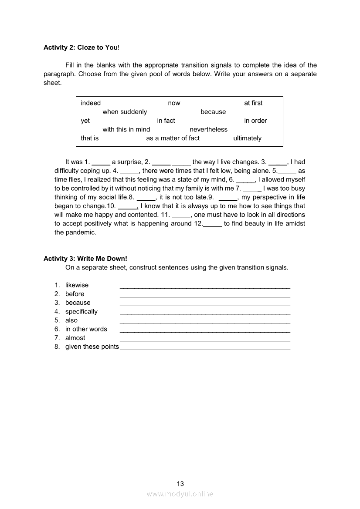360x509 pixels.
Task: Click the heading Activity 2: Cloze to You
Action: pyautogui.click(x=81, y=47)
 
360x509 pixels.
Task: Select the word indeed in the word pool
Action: pyautogui.click(x=91, y=103)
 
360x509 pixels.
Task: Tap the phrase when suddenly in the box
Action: pyautogui.click(x=125, y=112)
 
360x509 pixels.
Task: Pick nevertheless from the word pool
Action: pyautogui.click(x=208, y=129)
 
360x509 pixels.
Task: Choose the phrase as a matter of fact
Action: pyautogui.click(x=173, y=138)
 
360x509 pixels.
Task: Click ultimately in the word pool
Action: pyautogui.click(x=247, y=138)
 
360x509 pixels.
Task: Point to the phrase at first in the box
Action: pyautogui.click(x=253, y=103)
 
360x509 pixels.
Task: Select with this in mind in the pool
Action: pyautogui.click(x=126, y=129)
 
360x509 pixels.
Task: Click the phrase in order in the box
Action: pyautogui.click(x=255, y=121)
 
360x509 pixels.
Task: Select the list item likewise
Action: pyautogui.click(x=77, y=285)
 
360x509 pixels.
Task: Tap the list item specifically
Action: pyautogui.click(x=82, y=312)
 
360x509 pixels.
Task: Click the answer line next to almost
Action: pyautogui.click(x=205, y=340)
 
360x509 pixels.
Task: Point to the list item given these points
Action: pyautogui.click(x=92, y=347)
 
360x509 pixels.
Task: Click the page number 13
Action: pyautogui.click(x=180, y=484)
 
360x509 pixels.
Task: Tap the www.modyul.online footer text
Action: pyautogui.click(x=180, y=494)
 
